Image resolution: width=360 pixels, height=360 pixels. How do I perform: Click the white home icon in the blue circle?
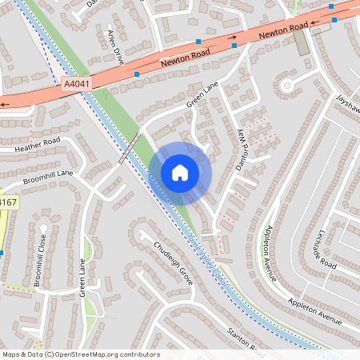(180, 172)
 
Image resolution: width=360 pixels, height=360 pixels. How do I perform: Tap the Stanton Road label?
(244, 341)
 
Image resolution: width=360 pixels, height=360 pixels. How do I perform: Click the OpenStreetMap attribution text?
(81, 354)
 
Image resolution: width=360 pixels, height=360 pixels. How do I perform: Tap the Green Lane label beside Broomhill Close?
(82, 277)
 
